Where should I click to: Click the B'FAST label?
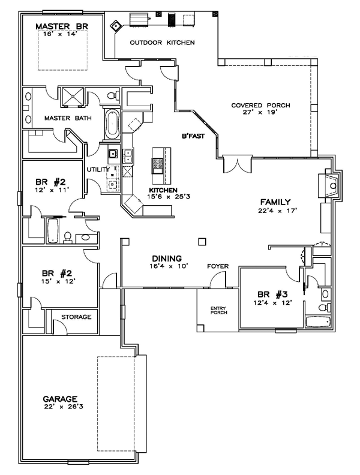[194, 136]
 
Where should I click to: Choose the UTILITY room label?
[98, 170]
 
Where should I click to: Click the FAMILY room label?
[275, 202]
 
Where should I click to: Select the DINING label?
[165, 256]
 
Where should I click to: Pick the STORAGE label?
[76, 316]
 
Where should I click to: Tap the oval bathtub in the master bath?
[112, 124]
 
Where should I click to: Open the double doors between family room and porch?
[235, 162]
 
